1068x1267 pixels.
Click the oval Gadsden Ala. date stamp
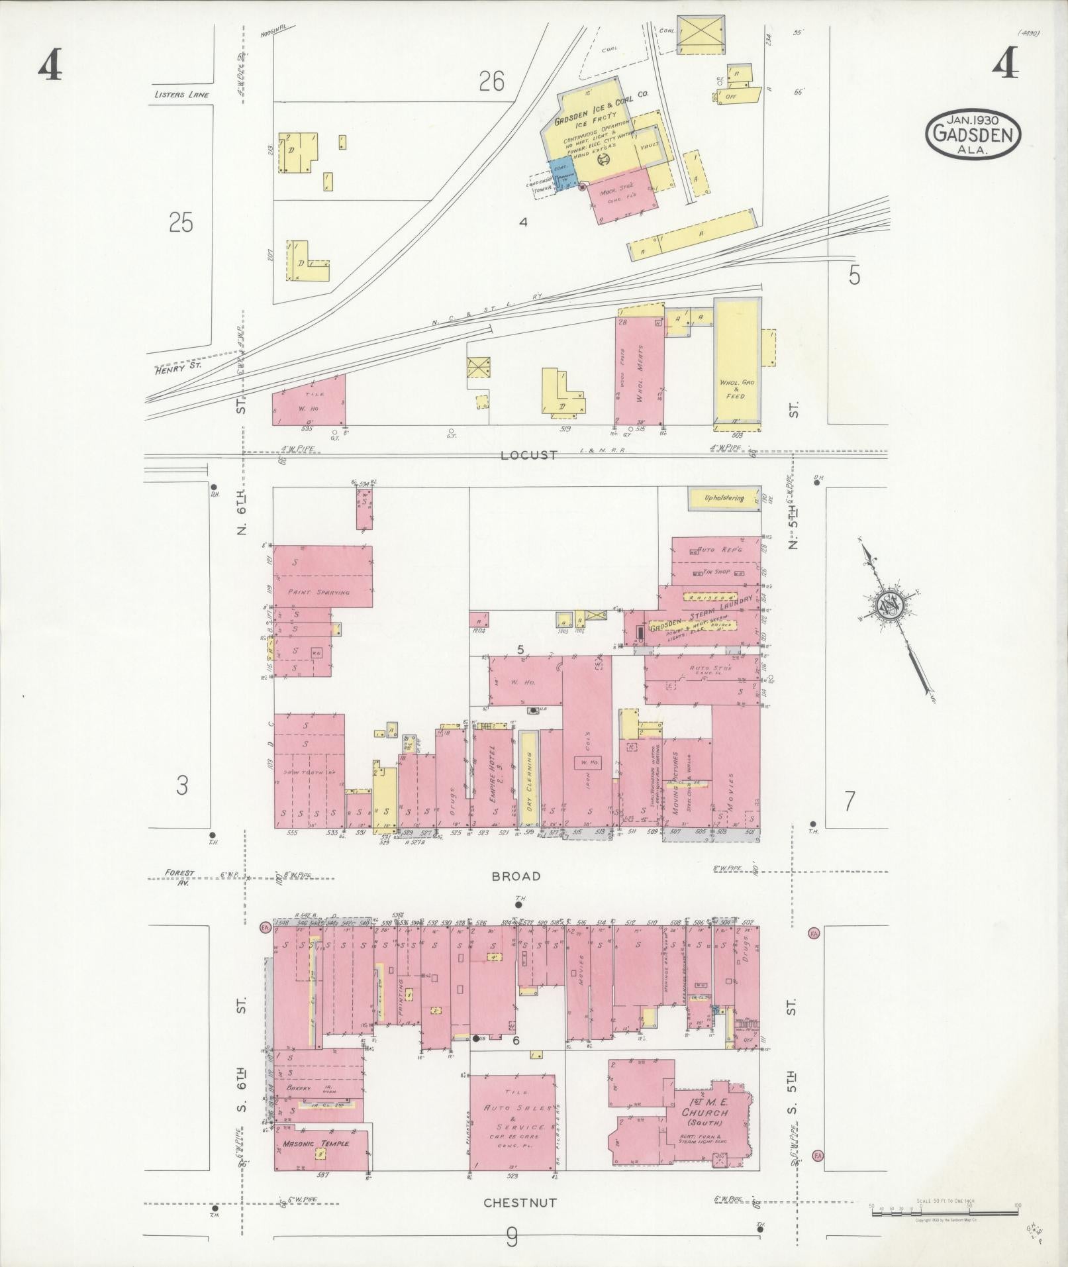973,134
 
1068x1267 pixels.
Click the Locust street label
529,456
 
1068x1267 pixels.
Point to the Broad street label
516,876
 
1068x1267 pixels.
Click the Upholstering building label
724,498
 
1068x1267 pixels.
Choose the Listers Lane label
181,95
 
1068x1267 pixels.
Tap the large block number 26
492,81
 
